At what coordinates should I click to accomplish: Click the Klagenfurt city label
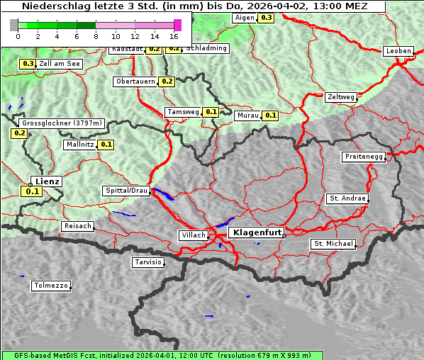point(257,232)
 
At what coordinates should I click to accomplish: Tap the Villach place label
point(193,235)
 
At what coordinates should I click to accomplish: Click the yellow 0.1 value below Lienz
point(32,191)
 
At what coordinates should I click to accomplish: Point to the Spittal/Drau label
point(126,191)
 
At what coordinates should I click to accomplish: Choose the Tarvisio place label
point(148,262)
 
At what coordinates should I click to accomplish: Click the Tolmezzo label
point(51,286)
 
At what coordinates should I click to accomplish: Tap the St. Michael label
point(333,244)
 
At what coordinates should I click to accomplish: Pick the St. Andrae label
point(347,198)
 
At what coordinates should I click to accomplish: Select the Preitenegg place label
point(364,157)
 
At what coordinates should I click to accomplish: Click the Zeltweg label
point(341,97)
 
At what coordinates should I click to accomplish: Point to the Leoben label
point(398,51)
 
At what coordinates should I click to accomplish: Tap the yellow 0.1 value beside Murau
point(270,115)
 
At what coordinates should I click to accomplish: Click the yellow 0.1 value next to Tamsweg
point(211,112)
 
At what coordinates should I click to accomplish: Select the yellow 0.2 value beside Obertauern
point(167,81)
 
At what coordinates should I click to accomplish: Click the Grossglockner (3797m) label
point(62,123)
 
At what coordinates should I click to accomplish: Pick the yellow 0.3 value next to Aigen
point(266,17)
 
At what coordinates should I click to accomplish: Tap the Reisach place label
point(78,226)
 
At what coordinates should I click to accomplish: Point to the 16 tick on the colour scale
point(174,36)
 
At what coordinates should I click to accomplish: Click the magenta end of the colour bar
point(177,25)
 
